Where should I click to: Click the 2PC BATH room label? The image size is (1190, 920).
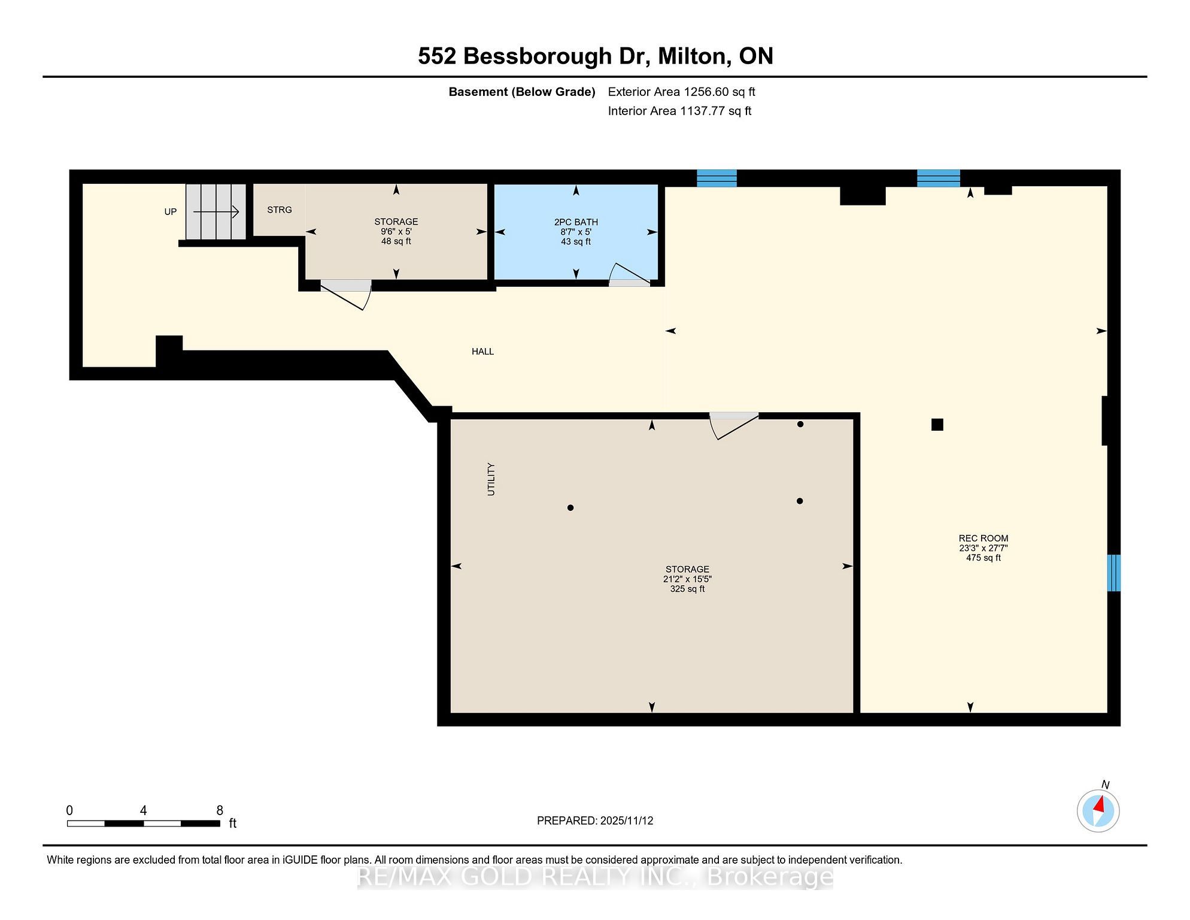tap(576, 222)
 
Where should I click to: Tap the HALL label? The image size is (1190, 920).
tap(482, 352)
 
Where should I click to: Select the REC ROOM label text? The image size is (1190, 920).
tap(983, 538)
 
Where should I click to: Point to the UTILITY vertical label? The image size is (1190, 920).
tap(491, 479)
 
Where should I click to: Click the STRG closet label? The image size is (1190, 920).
tap(280, 210)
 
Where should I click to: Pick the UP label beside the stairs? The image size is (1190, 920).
tap(171, 212)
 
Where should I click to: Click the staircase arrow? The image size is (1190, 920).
tap(216, 211)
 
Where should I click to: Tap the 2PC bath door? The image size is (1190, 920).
tap(629, 274)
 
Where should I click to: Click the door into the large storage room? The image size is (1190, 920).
tap(734, 425)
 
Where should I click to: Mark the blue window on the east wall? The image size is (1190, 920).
tap(1113, 573)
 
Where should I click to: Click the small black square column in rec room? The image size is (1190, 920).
tap(937, 425)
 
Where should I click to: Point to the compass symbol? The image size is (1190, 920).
tap(1098, 811)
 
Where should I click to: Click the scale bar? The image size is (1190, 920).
tap(144, 824)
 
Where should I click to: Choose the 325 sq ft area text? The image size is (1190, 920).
tap(687, 589)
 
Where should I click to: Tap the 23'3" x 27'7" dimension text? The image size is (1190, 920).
tap(983, 548)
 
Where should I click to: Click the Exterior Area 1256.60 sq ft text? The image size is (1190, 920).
tap(682, 92)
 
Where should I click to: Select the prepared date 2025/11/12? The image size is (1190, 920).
tap(626, 821)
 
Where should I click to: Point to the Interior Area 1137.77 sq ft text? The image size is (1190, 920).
tap(679, 111)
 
